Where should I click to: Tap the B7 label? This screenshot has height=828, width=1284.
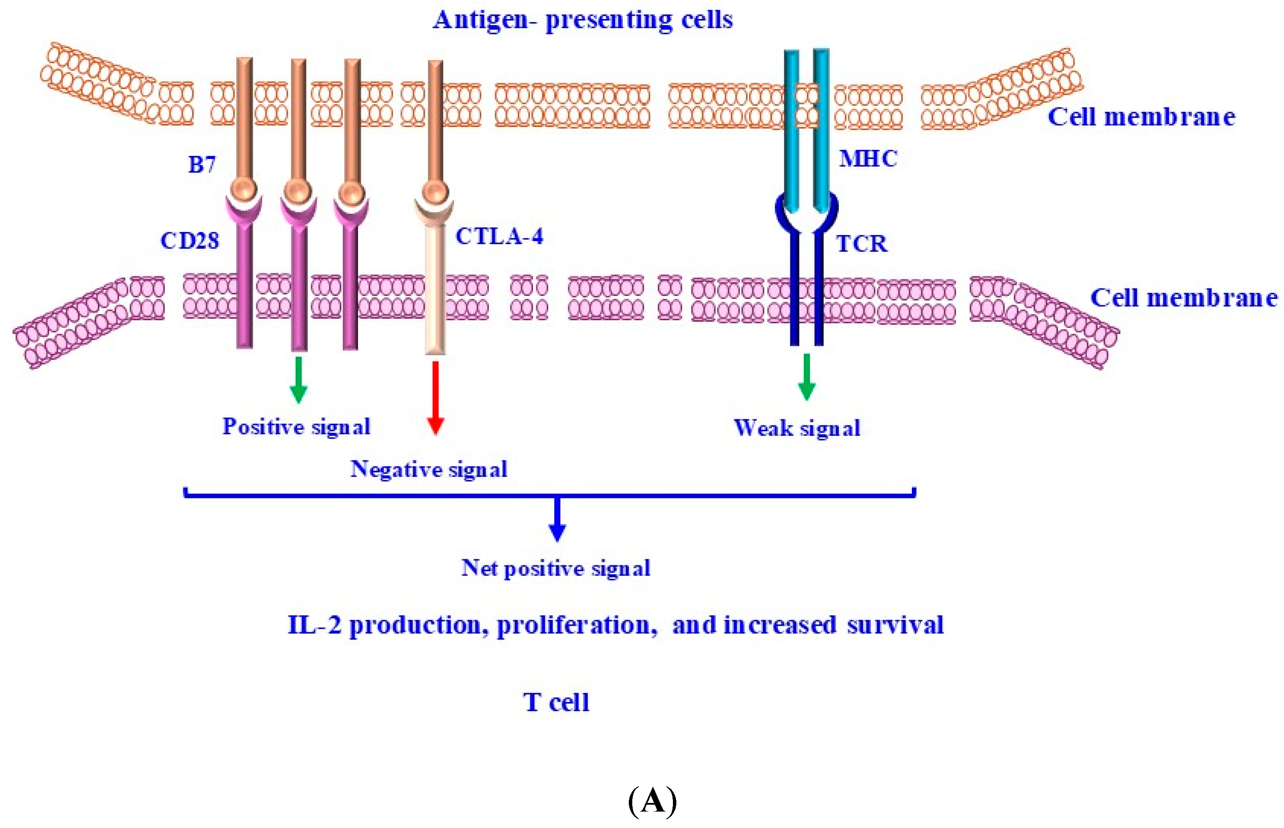202,165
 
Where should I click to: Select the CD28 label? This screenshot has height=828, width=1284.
189,240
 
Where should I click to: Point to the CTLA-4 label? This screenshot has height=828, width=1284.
499,237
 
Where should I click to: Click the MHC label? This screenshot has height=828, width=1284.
868,159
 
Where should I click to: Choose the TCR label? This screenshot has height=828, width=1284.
861,244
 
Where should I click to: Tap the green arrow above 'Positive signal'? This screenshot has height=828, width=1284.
299,379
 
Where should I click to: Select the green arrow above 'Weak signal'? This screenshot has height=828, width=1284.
806,376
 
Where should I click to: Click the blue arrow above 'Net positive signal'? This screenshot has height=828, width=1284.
557,519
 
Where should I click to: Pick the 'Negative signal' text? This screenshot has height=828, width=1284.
429,470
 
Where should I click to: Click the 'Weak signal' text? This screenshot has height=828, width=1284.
797,428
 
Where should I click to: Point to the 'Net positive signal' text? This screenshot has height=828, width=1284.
556,568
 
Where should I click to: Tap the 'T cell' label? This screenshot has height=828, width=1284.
556,702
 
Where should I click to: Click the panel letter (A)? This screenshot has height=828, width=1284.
652,801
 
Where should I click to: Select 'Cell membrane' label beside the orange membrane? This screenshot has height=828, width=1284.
1141,117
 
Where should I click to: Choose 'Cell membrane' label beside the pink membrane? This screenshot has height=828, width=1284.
1183,298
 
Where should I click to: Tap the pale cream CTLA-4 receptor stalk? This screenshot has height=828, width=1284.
435,290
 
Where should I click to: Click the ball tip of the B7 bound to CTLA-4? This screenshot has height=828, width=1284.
435,192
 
